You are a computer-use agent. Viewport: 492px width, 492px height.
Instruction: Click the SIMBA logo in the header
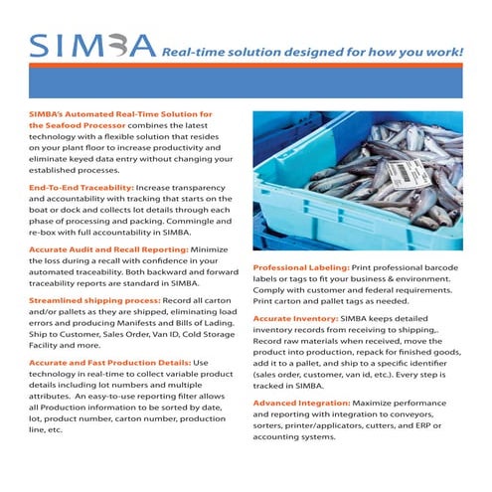(x=91, y=45)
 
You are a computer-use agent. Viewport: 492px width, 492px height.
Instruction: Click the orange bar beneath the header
(x=246, y=81)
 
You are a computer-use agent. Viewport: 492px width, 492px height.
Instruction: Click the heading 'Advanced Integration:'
(x=299, y=403)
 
